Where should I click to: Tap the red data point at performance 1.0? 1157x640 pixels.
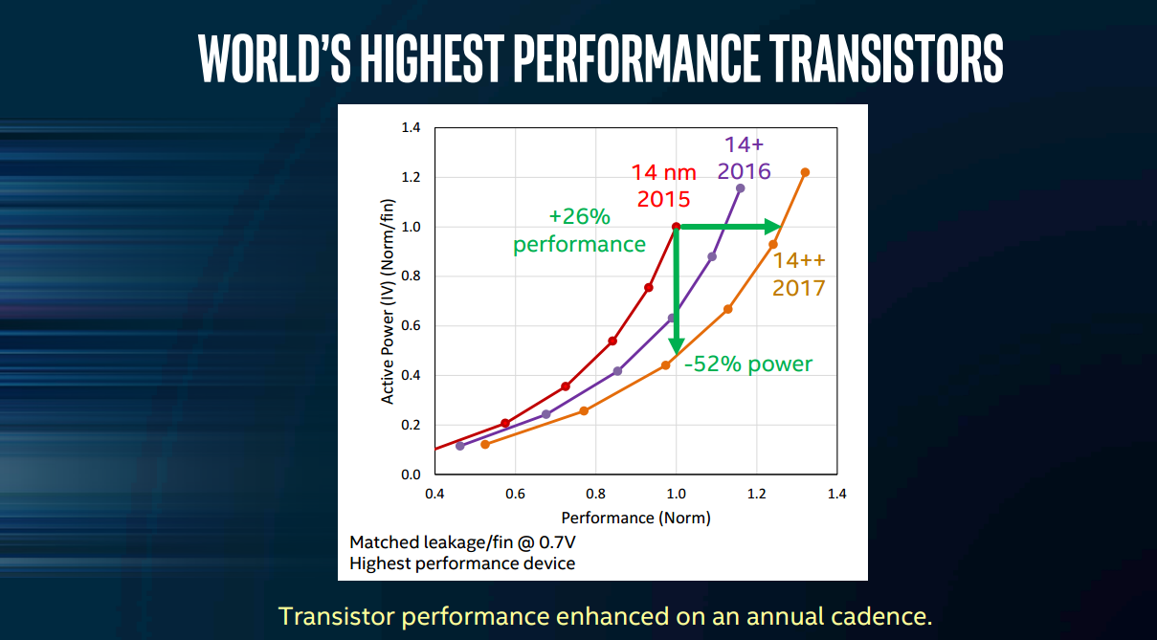[676, 227]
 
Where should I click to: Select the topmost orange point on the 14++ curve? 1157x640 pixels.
[805, 172]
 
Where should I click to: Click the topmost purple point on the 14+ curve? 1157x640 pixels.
[740, 188]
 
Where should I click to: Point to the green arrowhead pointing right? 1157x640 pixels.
[772, 227]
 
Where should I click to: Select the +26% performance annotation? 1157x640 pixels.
[579, 231]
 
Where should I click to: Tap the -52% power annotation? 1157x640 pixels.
[748, 364]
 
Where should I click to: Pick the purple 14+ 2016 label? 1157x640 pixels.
[744, 159]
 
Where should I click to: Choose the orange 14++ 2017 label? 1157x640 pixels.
[799, 274]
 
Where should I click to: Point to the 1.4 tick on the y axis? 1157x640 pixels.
[410, 127]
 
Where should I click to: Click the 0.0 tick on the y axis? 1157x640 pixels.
[410, 474]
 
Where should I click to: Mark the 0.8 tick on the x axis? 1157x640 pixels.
[595, 494]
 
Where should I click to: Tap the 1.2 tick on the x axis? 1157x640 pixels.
[756, 494]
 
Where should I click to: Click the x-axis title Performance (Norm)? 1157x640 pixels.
[635, 519]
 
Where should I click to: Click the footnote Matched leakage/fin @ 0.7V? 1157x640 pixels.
[463, 542]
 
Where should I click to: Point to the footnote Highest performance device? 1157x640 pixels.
[462, 563]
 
